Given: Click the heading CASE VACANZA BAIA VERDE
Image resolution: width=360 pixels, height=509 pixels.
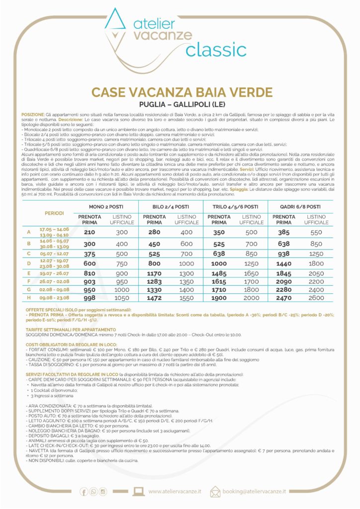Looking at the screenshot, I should [x=182, y=93].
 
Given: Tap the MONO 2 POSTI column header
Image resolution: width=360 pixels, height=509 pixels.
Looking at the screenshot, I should [x=105, y=206].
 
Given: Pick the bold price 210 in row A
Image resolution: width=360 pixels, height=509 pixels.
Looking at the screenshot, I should [x=90, y=232].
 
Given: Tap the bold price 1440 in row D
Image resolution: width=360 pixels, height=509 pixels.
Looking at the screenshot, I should [x=284, y=263].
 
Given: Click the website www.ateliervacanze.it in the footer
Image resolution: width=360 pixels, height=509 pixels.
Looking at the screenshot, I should [x=175, y=492].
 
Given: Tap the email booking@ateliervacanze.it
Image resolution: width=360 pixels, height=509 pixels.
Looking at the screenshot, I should [x=255, y=492].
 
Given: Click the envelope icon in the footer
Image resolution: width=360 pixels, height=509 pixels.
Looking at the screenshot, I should [x=215, y=492].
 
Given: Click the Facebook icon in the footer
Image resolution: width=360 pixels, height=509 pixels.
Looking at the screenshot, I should [x=84, y=492].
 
